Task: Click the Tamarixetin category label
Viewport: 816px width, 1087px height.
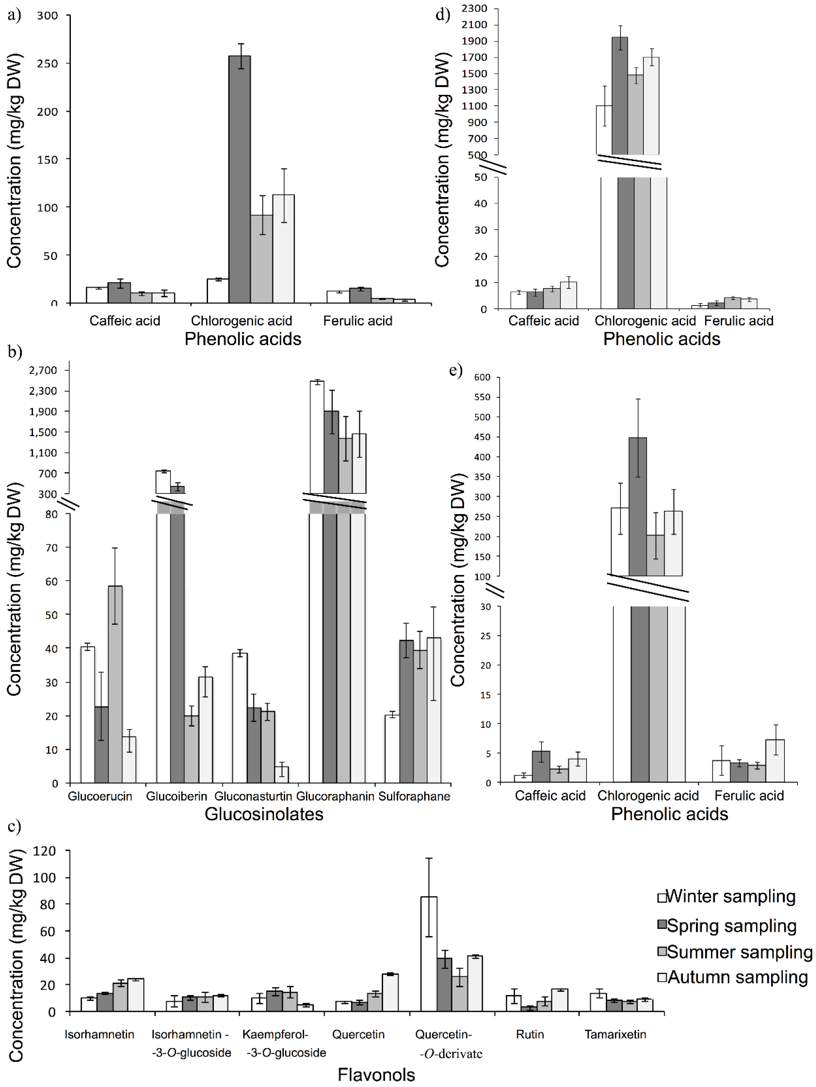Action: pyautogui.click(x=615, y=1035)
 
